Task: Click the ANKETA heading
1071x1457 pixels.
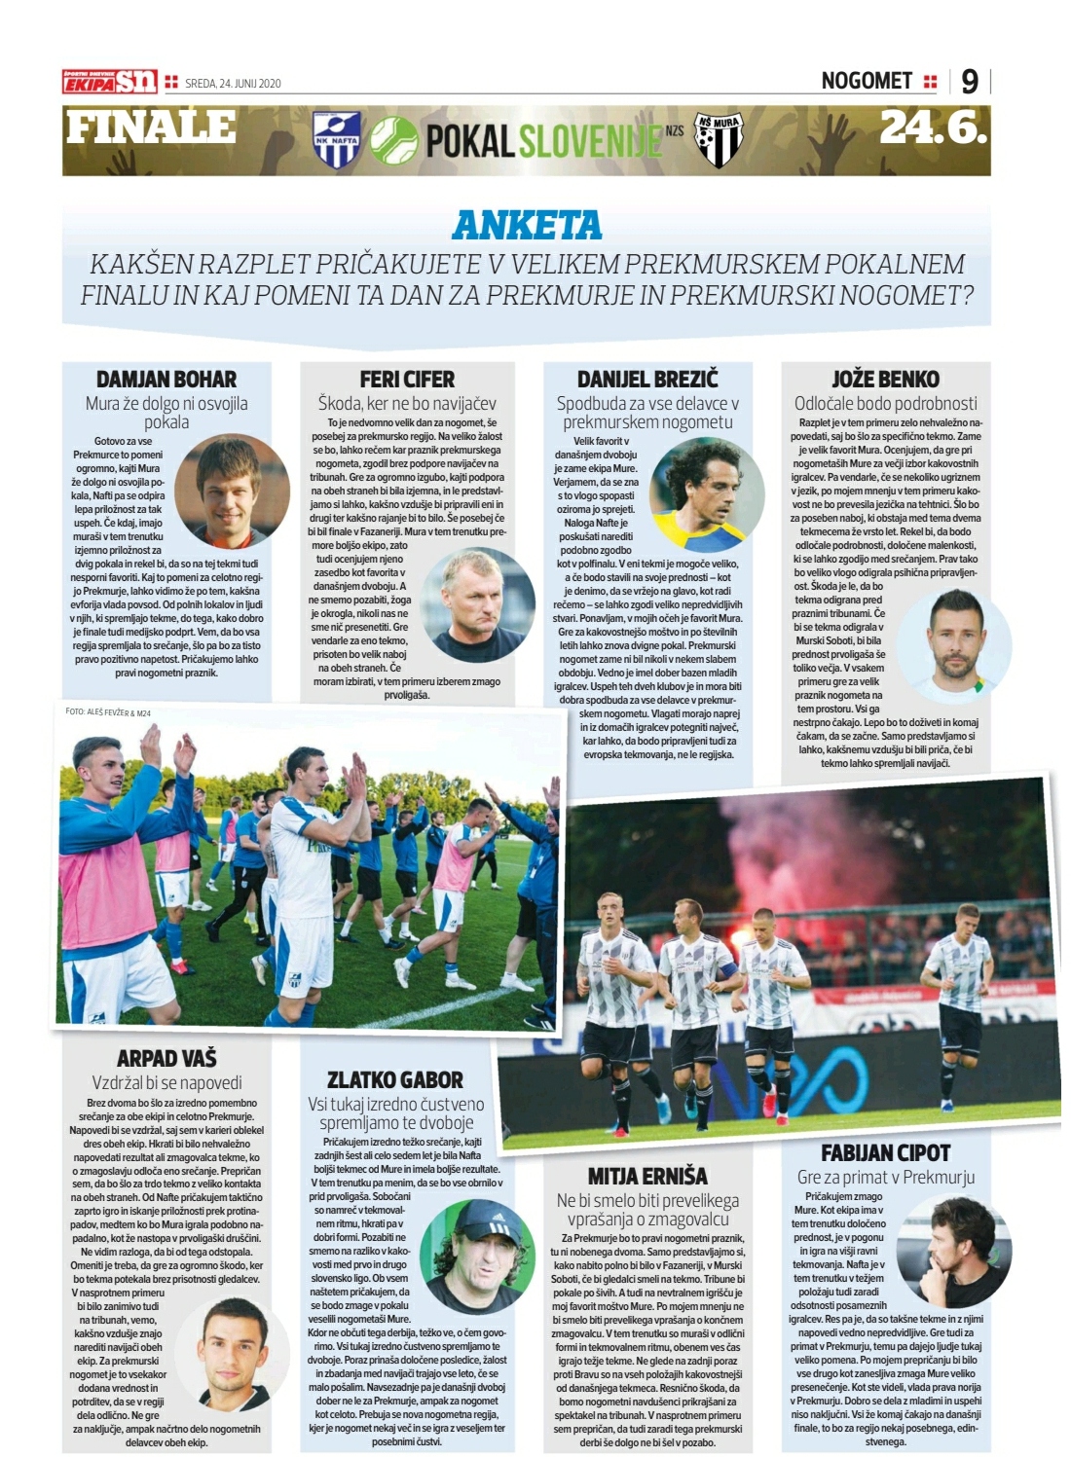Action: [x=527, y=226]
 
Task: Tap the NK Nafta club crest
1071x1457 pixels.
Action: [x=337, y=139]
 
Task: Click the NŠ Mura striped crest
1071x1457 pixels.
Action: [x=719, y=140]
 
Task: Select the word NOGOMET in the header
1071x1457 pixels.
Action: [x=867, y=81]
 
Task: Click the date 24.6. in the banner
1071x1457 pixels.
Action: [x=933, y=127]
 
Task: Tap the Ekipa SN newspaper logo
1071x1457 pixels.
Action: [x=109, y=82]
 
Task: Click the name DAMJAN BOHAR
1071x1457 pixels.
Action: [x=166, y=380]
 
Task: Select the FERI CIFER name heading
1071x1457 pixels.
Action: [x=407, y=380]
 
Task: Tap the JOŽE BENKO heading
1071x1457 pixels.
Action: [x=885, y=380]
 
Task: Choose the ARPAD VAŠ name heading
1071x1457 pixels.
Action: [x=166, y=1058]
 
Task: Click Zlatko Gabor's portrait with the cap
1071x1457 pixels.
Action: [x=477, y=1257]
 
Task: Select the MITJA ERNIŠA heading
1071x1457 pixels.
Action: [x=646, y=1177]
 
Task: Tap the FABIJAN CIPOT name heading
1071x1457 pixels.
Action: [x=885, y=1153]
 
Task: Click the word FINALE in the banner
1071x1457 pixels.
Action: [x=151, y=127]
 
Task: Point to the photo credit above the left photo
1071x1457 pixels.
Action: [x=108, y=712]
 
